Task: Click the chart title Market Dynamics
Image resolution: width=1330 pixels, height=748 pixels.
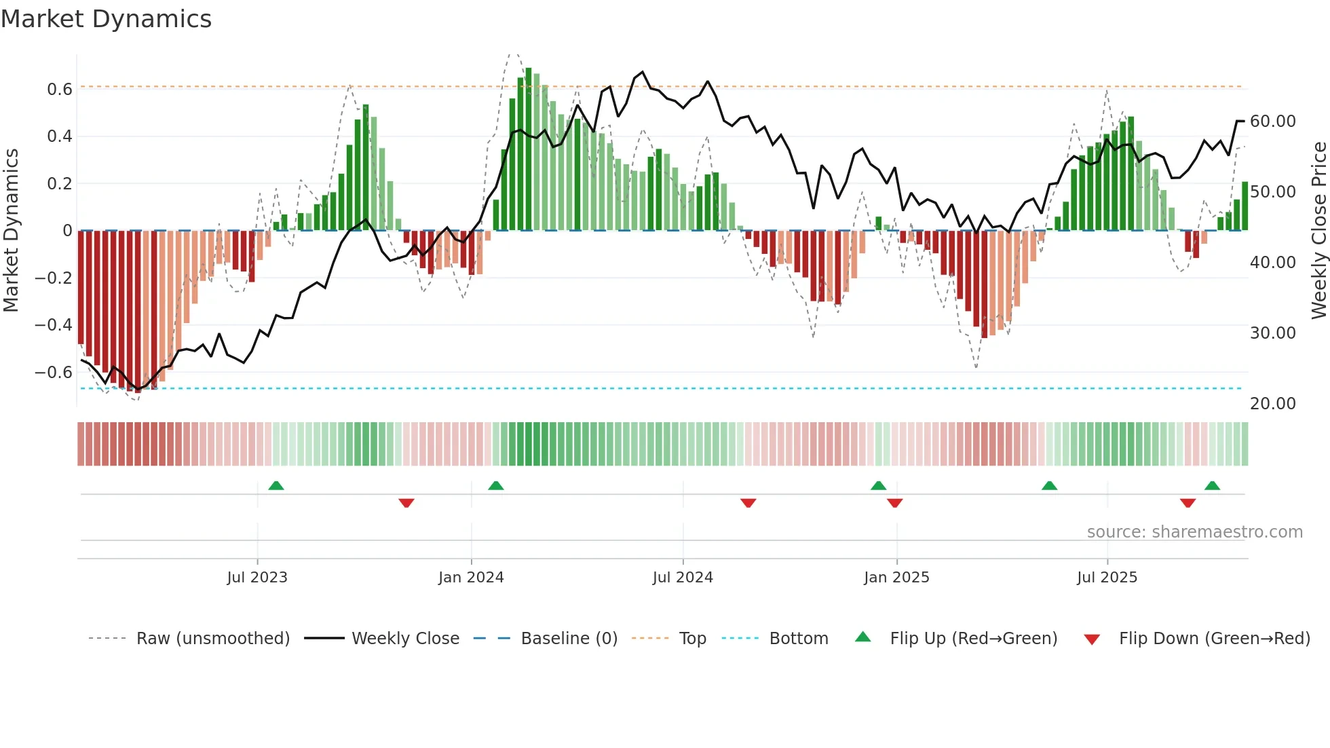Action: (x=107, y=19)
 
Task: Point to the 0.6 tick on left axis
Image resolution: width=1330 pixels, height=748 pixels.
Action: (x=59, y=90)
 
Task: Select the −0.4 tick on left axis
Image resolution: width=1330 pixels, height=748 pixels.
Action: (x=54, y=325)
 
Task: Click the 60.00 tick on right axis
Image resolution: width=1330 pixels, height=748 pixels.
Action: (x=1272, y=121)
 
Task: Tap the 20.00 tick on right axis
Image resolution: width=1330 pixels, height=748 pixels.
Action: (x=1272, y=404)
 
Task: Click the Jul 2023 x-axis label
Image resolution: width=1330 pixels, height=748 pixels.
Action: (x=257, y=578)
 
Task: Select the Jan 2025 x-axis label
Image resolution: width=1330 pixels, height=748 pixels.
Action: (x=896, y=578)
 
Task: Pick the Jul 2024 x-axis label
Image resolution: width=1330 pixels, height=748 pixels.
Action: (x=683, y=578)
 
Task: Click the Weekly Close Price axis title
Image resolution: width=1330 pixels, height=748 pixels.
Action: (x=1318, y=231)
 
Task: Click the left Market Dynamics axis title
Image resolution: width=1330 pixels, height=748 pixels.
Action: (x=12, y=231)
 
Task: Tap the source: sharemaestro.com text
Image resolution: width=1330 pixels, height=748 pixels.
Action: (x=1194, y=532)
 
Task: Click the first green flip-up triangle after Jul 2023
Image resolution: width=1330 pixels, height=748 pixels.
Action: (x=276, y=485)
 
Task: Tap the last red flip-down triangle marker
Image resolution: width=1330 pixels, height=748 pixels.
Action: (x=1187, y=503)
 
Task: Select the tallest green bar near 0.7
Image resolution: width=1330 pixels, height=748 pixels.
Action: (x=529, y=149)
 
